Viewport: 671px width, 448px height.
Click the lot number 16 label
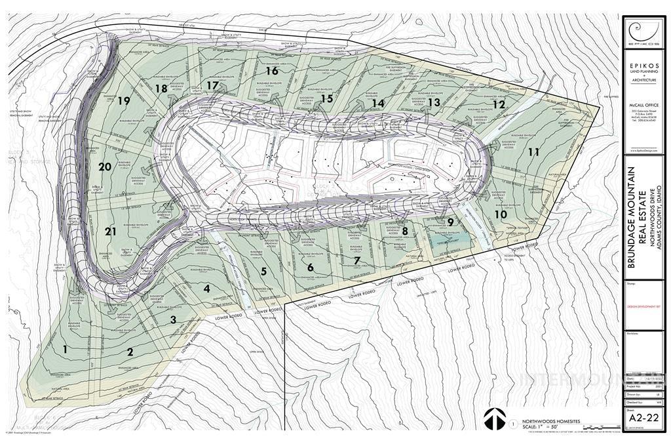pyautogui.click(x=272, y=71)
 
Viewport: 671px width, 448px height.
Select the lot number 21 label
pyautogui.click(x=110, y=231)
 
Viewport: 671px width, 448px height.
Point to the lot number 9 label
pyautogui.click(x=450, y=222)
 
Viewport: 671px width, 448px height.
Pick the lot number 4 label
pyautogui.click(x=206, y=288)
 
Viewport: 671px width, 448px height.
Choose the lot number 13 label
pyautogui.click(x=434, y=102)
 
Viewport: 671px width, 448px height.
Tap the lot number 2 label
pyautogui.click(x=130, y=352)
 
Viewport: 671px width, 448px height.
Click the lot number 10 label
pyautogui.click(x=501, y=214)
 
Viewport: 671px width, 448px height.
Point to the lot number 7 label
pyautogui.click(x=356, y=260)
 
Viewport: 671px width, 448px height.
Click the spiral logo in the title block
pyautogui.click(x=642, y=31)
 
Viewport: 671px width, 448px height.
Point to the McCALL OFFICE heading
pyautogui.click(x=642, y=105)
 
